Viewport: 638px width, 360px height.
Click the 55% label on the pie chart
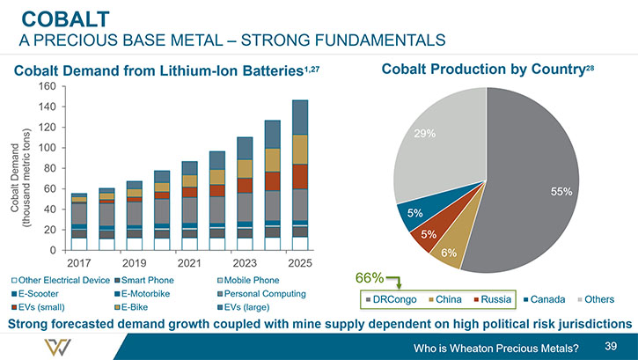(x=561, y=191)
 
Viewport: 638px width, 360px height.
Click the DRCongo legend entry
(x=391, y=299)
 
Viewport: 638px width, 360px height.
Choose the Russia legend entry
(x=492, y=299)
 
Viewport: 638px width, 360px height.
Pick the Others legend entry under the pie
(x=596, y=299)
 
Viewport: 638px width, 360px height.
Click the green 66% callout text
(x=370, y=278)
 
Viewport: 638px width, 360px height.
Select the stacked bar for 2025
(x=300, y=175)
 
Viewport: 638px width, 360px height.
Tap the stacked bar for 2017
(x=79, y=222)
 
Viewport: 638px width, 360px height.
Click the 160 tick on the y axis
(x=48, y=86)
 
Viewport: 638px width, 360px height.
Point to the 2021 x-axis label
(x=189, y=263)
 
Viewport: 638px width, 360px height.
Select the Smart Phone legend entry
(x=144, y=280)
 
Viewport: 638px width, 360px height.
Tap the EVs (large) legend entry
(x=243, y=307)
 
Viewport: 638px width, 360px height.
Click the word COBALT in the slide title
(x=65, y=19)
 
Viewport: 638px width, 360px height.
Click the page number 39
(x=611, y=346)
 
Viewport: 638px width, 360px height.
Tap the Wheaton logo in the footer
(x=57, y=347)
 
